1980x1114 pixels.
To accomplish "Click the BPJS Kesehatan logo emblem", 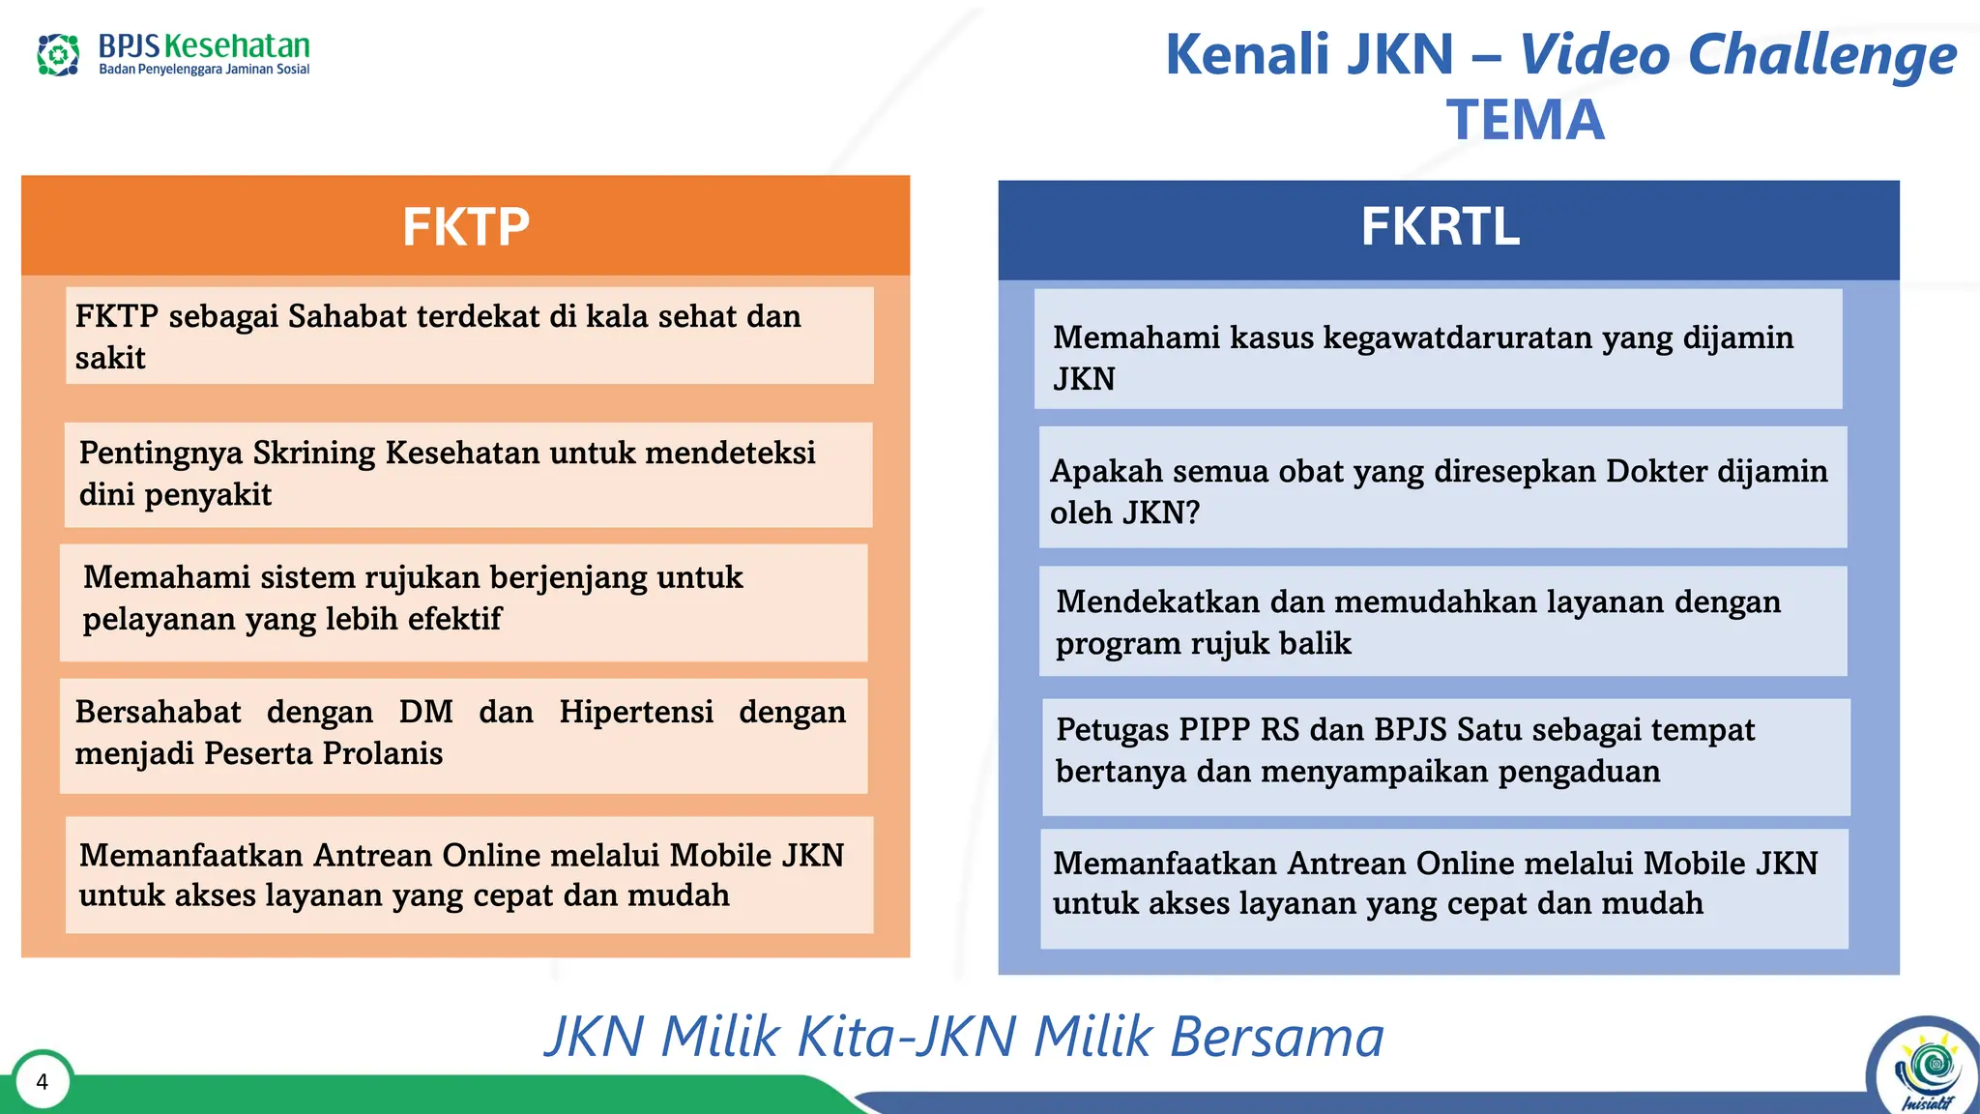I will [58, 54].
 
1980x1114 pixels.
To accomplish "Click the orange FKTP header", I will [465, 226].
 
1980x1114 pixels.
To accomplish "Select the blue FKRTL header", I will [1440, 227].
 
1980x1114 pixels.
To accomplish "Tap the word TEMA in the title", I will [1525, 120].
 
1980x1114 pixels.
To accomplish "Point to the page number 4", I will [42, 1081].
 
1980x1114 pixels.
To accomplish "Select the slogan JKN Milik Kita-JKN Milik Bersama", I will [964, 1037].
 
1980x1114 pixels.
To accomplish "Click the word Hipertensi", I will [636, 712].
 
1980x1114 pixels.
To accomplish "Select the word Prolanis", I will [382, 753].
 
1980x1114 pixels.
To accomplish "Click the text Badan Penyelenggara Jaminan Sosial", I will [204, 70].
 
